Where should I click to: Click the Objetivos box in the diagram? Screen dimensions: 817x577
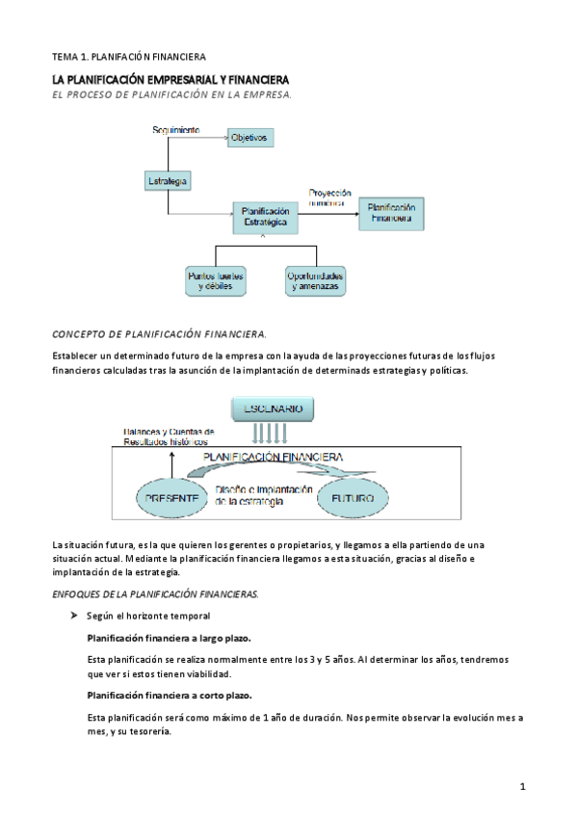250,139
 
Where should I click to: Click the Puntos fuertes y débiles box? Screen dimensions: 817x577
216,281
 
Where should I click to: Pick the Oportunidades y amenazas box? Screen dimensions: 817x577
316,281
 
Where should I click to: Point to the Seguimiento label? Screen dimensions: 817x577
176,129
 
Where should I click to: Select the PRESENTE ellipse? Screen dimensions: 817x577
172,498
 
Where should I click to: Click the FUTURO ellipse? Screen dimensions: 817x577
353,498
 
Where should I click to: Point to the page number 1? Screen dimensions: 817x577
522,787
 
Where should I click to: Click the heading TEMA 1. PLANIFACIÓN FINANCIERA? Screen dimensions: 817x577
128,57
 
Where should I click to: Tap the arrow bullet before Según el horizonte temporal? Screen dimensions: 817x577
73,615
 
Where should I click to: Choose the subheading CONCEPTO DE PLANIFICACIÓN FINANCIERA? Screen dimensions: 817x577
159,333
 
